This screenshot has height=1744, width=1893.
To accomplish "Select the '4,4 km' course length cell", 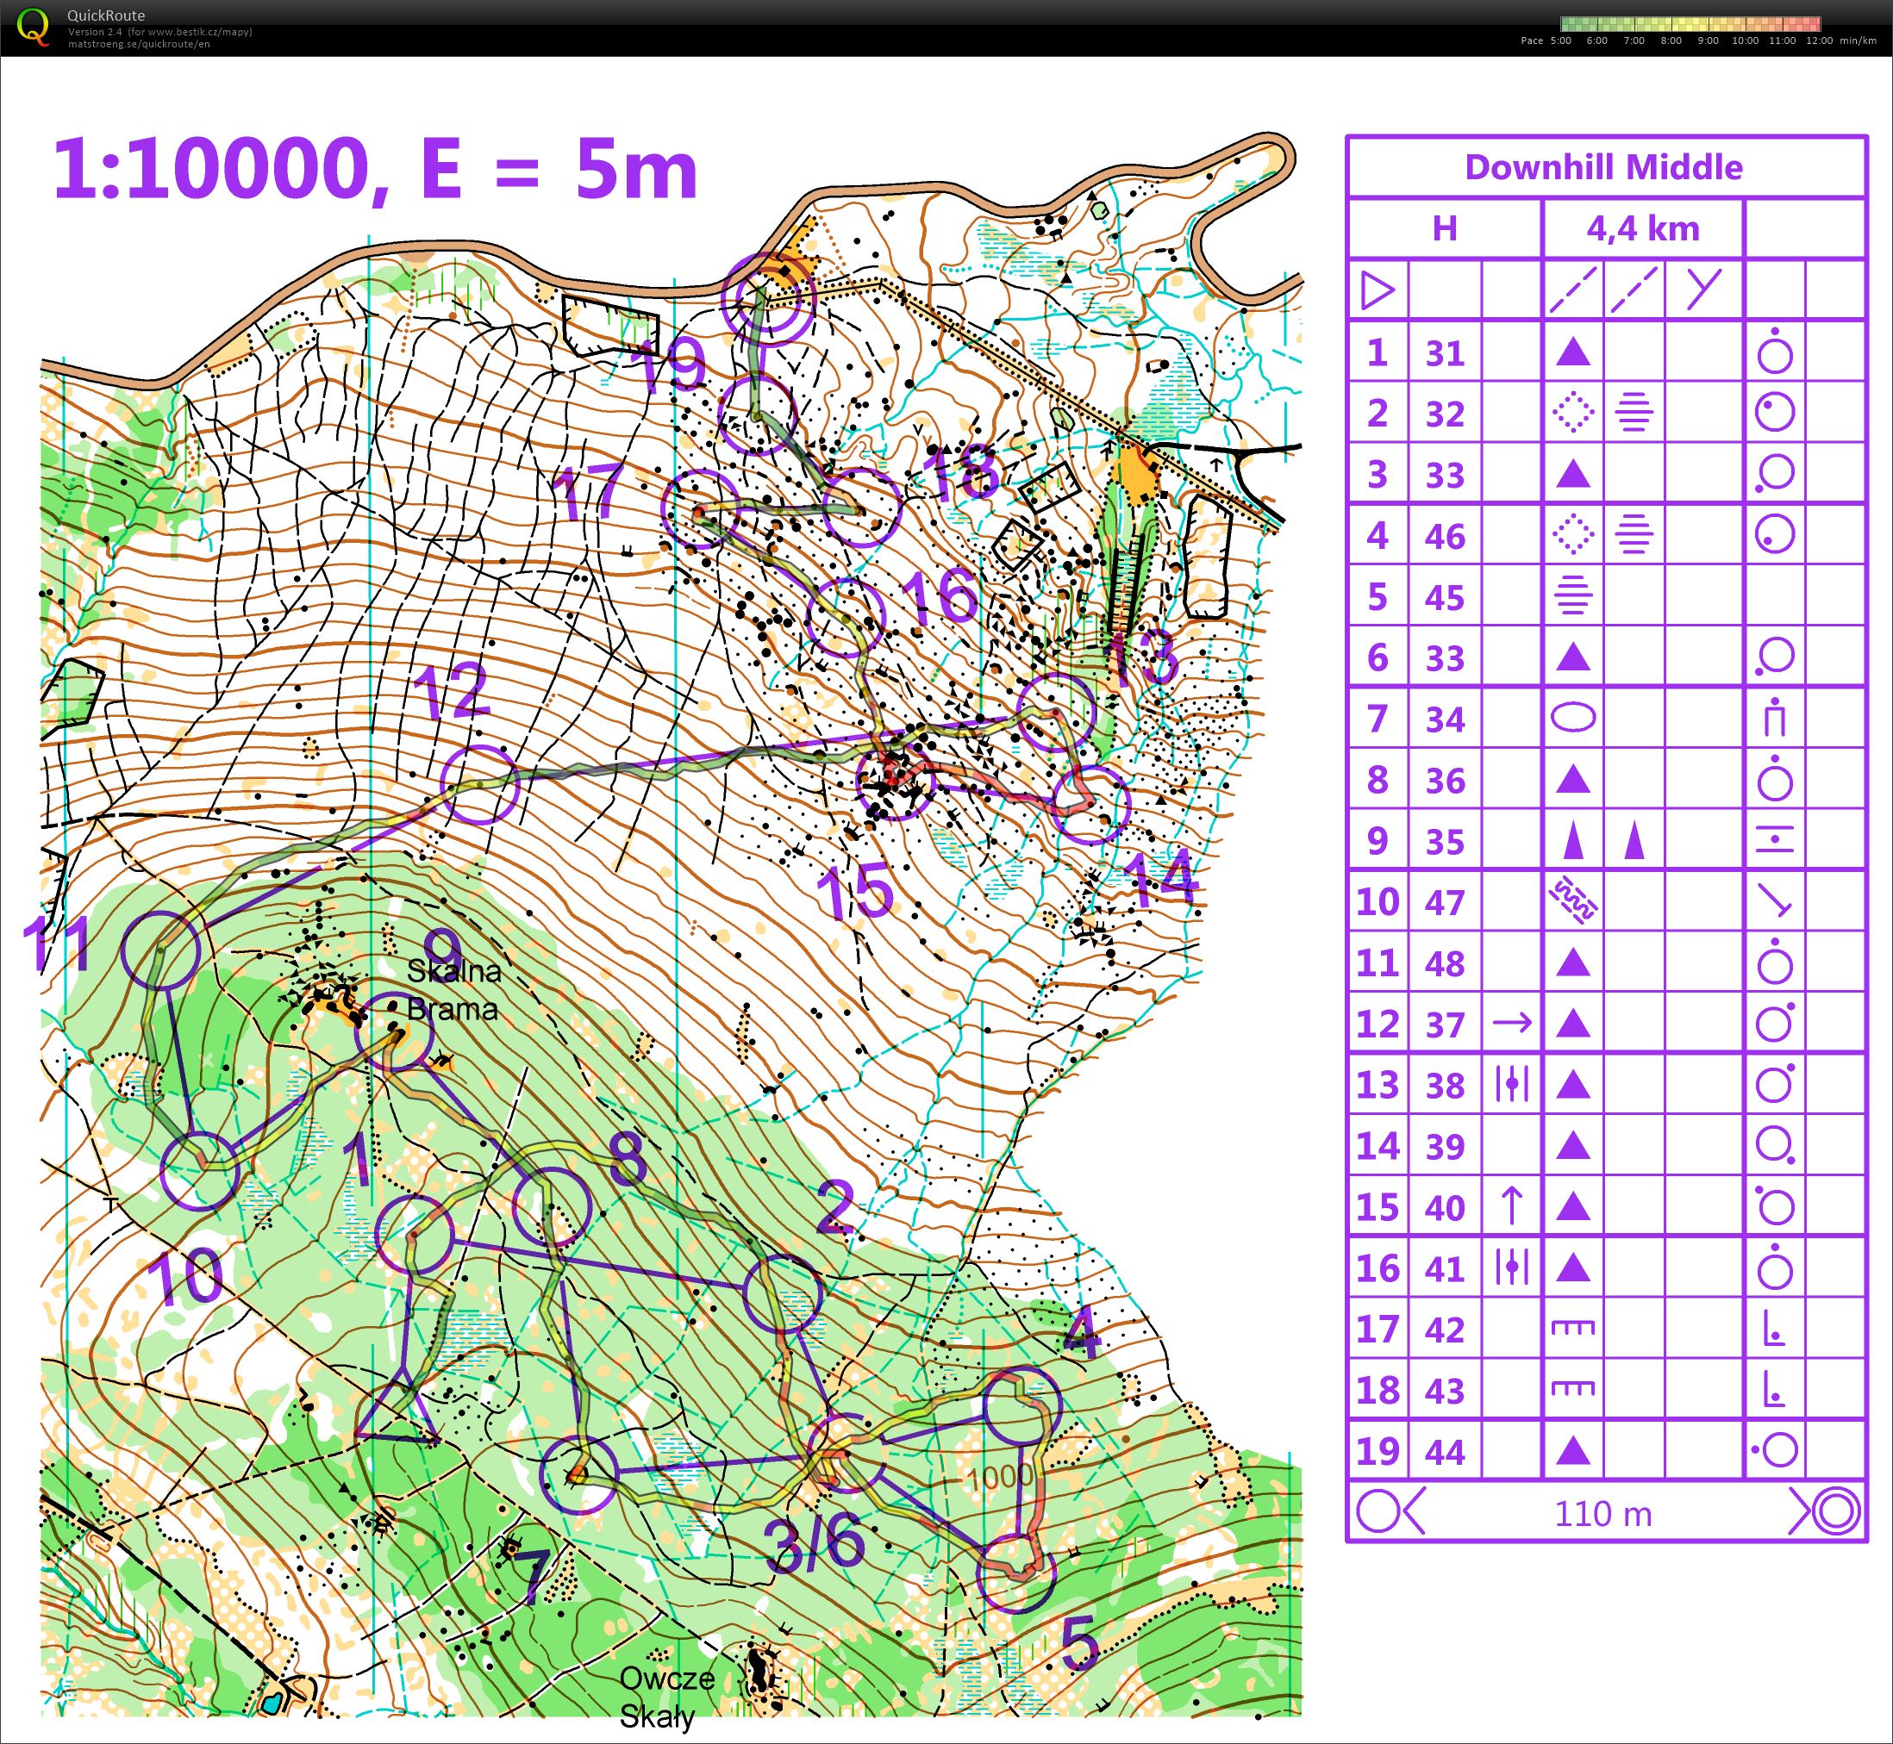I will pyautogui.click(x=1642, y=228).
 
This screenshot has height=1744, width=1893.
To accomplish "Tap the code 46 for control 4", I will pyautogui.click(x=1445, y=536).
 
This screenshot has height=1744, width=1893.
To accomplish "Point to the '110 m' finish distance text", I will pyautogui.click(x=1603, y=1514).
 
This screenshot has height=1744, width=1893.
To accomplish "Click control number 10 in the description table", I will pyautogui.click(x=1377, y=902).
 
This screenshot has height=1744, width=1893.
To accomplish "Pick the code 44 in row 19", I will pyautogui.click(x=1445, y=1451).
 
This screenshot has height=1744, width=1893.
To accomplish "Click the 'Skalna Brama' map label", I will pyautogui.click(x=453, y=990).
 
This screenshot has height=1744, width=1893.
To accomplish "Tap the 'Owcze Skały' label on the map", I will pyautogui.click(x=666, y=1696).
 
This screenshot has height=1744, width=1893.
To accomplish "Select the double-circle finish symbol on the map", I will pyautogui.click(x=766, y=298).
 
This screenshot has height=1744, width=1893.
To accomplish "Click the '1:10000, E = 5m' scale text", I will pyautogui.click(x=375, y=170).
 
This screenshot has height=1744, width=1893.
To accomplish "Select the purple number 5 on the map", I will pyautogui.click(x=1079, y=1642).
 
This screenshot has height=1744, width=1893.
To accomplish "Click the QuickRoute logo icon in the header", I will pyautogui.click(x=34, y=27).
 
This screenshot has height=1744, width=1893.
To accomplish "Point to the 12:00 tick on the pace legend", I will pyautogui.click(x=1818, y=40).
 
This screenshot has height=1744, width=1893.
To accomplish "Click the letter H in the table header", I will pyautogui.click(x=1445, y=228).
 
